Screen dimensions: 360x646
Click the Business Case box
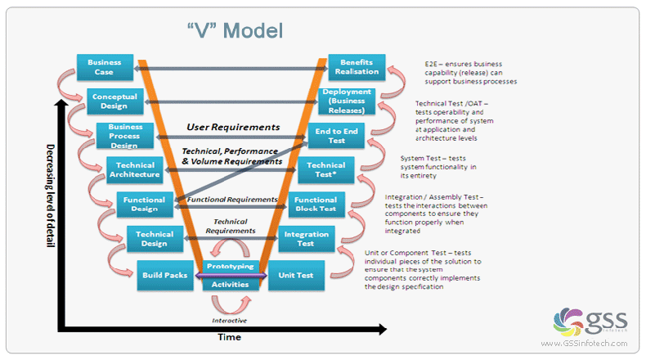104,67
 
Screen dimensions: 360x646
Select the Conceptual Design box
114,101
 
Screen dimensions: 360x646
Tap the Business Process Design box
125,137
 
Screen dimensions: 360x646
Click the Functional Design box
145,204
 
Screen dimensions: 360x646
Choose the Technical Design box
155,238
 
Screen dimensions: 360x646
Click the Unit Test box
296,275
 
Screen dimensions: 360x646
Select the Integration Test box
306,239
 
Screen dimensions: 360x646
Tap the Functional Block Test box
316,205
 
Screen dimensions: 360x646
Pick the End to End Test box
336,136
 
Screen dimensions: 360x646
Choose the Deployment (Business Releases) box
347,101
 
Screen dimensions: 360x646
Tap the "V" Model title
234,31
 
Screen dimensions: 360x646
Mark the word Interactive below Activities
231,320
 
